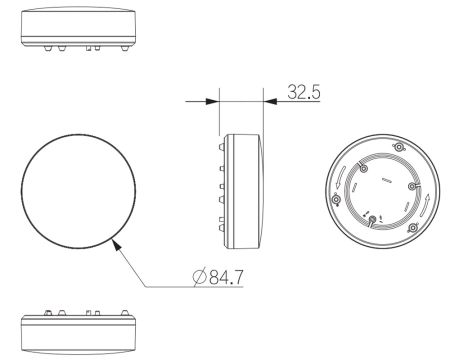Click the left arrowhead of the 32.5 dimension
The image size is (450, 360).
point(213,101)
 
